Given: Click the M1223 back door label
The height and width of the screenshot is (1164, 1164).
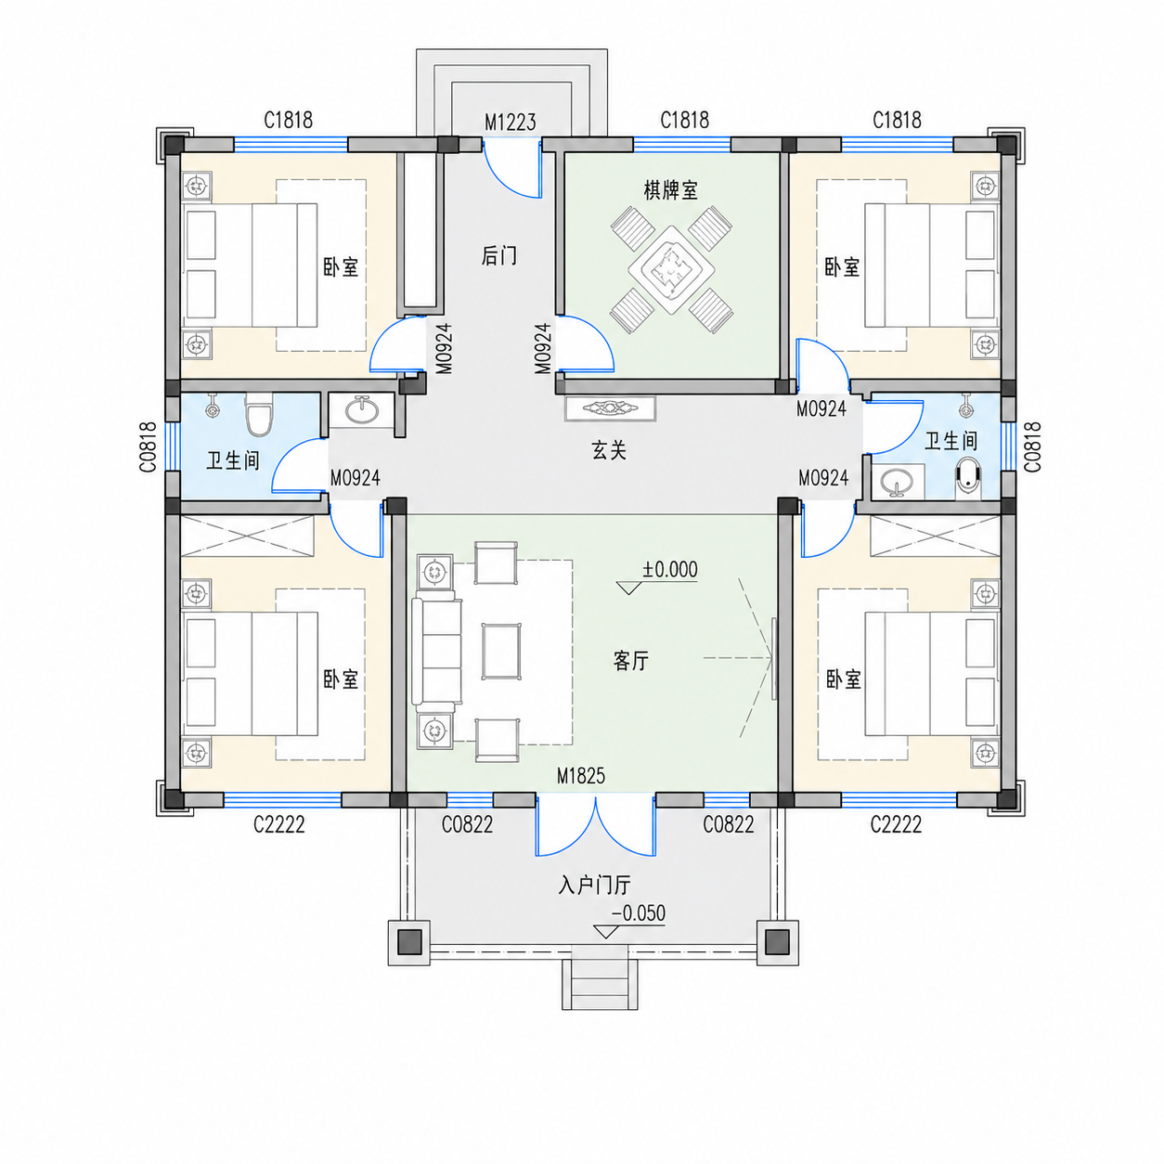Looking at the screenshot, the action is [x=510, y=123].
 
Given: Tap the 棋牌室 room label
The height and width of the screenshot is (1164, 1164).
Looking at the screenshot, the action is [x=670, y=190].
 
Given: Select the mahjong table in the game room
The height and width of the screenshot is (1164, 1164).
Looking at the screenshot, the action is [x=671, y=269].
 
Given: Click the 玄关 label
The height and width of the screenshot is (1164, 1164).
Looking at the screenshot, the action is [x=609, y=450].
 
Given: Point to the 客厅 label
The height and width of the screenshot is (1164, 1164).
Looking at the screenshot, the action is [x=630, y=661].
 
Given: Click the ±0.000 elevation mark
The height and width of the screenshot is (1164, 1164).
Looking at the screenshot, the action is [x=670, y=569].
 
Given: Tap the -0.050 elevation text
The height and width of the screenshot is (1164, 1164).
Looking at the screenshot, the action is [x=639, y=912].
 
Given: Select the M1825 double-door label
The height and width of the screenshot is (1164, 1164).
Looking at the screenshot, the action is [x=580, y=776].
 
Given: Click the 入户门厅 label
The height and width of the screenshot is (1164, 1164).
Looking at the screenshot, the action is [x=594, y=886].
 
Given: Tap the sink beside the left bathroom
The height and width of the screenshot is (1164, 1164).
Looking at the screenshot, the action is [x=361, y=409].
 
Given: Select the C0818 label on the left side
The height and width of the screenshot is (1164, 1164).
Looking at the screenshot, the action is [x=149, y=446].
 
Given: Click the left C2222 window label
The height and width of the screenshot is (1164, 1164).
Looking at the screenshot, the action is [x=279, y=824].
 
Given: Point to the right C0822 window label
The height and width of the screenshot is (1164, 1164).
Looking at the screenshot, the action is [x=729, y=824].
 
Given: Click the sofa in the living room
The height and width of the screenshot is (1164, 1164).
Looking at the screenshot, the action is [x=436, y=652].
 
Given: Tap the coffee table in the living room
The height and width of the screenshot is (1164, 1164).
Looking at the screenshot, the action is [x=501, y=652].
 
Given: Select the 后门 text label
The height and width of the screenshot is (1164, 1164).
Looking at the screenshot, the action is [x=499, y=256].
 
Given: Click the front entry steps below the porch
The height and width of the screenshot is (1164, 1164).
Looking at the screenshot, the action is [x=600, y=984].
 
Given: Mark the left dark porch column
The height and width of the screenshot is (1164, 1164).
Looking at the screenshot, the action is [x=409, y=942].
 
